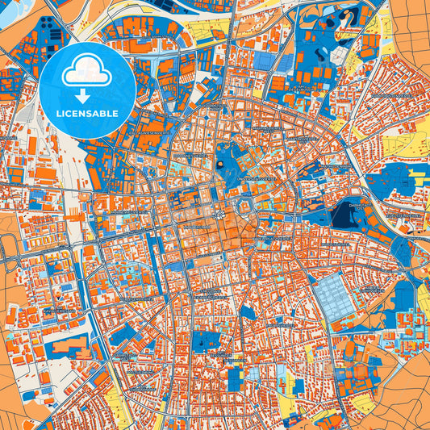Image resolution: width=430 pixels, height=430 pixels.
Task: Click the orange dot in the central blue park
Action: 219,165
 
